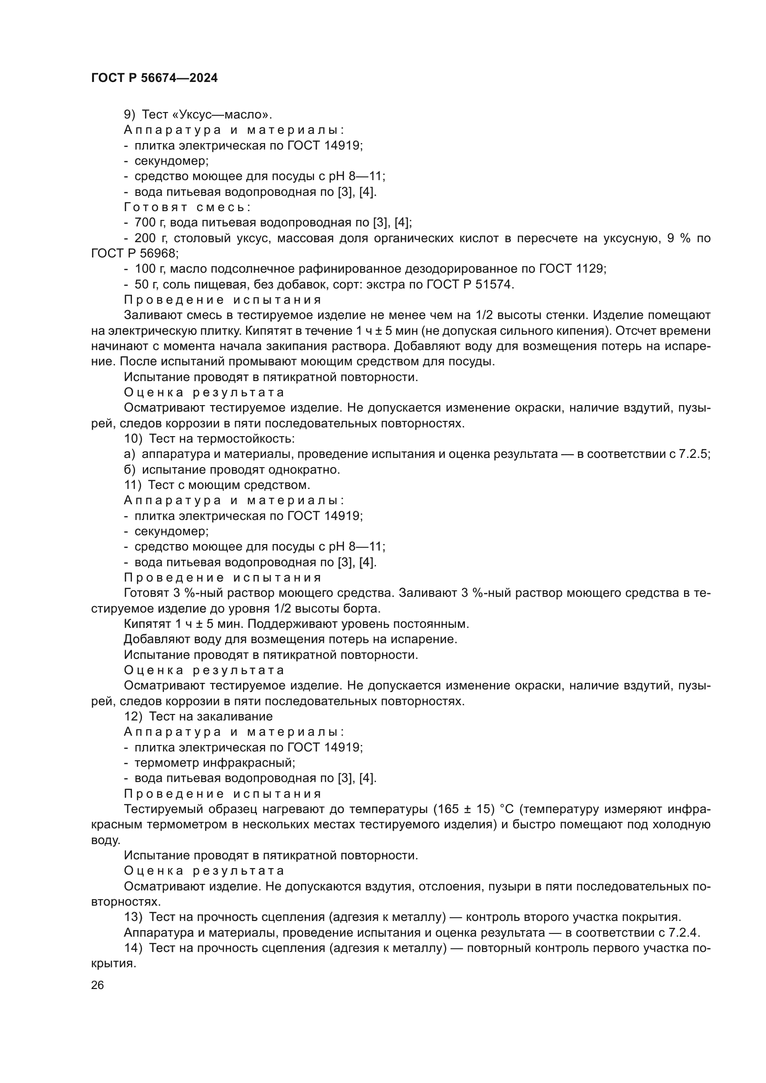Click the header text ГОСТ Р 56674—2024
154,78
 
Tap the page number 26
97,985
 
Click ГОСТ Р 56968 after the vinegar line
134,254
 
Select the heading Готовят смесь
187,207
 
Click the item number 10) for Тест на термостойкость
133,438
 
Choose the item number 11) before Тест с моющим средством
132,485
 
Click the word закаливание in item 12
235,716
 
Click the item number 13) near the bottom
133,917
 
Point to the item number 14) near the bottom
133,948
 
